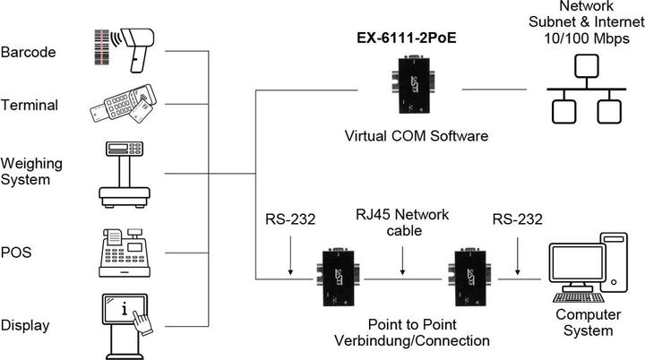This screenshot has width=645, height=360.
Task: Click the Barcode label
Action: [29, 52]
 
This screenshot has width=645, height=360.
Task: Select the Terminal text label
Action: [30, 105]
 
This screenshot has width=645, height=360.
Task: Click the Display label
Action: [25, 325]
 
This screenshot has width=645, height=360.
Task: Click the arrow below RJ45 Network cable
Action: [402, 255]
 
